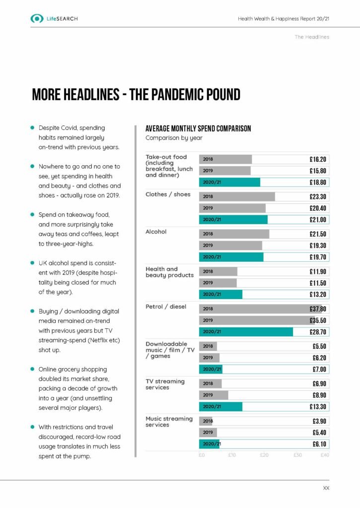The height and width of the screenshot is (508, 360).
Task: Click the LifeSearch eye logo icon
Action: (37, 18)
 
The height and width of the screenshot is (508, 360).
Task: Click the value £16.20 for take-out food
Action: (317, 160)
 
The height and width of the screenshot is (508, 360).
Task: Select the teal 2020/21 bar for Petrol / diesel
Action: (246, 331)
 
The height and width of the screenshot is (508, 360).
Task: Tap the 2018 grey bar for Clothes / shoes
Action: (237, 196)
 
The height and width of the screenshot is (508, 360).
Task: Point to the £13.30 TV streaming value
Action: (317, 407)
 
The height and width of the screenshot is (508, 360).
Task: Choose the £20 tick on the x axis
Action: (264, 455)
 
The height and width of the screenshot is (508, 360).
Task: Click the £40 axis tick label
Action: (325, 455)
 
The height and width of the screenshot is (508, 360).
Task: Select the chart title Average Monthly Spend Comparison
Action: (198, 128)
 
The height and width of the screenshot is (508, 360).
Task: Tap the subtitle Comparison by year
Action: (174, 138)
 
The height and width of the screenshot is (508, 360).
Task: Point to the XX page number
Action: (326, 489)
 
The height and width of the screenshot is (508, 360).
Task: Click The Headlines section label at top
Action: (312, 37)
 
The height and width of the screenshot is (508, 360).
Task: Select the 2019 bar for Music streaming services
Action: (208, 432)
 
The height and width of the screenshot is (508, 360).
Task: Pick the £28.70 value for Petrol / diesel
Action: (317, 331)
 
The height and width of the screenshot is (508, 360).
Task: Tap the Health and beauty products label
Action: (169, 272)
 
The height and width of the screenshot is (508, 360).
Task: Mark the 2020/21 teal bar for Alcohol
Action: (231, 257)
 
